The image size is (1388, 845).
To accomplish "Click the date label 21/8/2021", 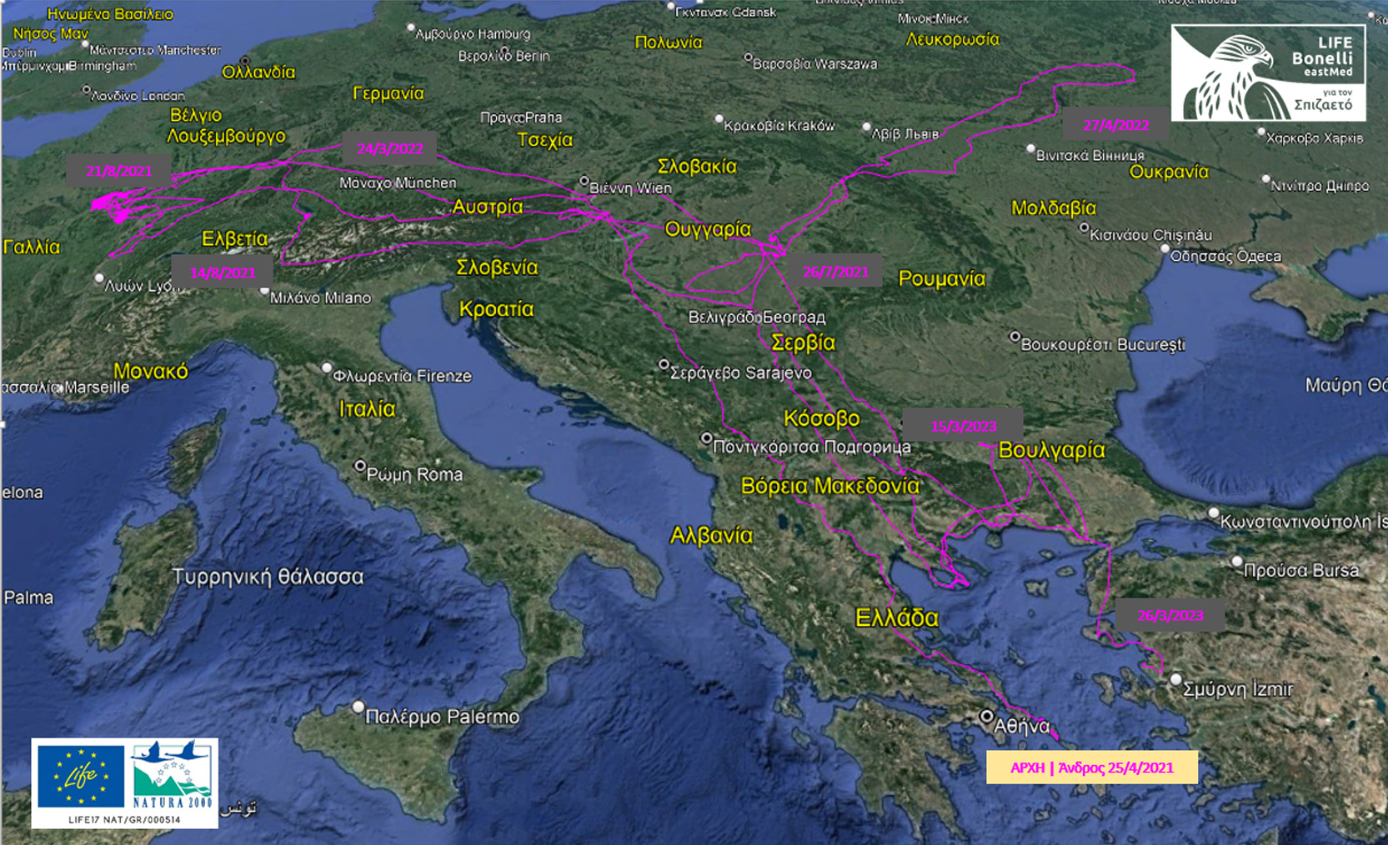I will pyautogui.click(x=118, y=171).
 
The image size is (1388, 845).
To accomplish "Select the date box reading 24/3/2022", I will pyautogui.click(x=389, y=148).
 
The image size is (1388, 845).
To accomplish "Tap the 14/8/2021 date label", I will pyautogui.click(x=223, y=272).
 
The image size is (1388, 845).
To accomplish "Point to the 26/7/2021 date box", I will pyautogui.click(x=834, y=271).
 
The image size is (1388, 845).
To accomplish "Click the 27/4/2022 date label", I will pyautogui.click(x=1115, y=125).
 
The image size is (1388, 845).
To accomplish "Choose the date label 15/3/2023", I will pyautogui.click(x=963, y=426).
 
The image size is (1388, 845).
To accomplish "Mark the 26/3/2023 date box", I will pyautogui.click(x=1170, y=615).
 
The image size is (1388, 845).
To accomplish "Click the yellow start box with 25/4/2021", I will pyautogui.click(x=1091, y=767).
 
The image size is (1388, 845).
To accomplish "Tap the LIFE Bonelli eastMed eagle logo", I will pyautogui.click(x=1267, y=73).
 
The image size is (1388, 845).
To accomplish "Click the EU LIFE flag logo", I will pyautogui.click(x=80, y=776).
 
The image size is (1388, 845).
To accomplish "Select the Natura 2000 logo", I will pyautogui.click(x=173, y=776).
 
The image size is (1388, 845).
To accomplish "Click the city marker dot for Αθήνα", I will pyautogui.click(x=986, y=716).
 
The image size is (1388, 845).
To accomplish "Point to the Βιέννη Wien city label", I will pyautogui.click(x=631, y=188).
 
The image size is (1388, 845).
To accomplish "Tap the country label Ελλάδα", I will pyautogui.click(x=896, y=617).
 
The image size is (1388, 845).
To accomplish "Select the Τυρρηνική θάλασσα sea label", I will pyautogui.click(x=268, y=577).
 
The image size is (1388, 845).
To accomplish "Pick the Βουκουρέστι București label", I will pyautogui.click(x=1102, y=344).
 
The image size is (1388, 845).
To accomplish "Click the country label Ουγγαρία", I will pyautogui.click(x=708, y=228).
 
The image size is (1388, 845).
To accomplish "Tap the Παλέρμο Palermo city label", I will pyautogui.click(x=442, y=717).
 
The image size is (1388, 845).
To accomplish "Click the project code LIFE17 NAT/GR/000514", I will pyautogui.click(x=124, y=820).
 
